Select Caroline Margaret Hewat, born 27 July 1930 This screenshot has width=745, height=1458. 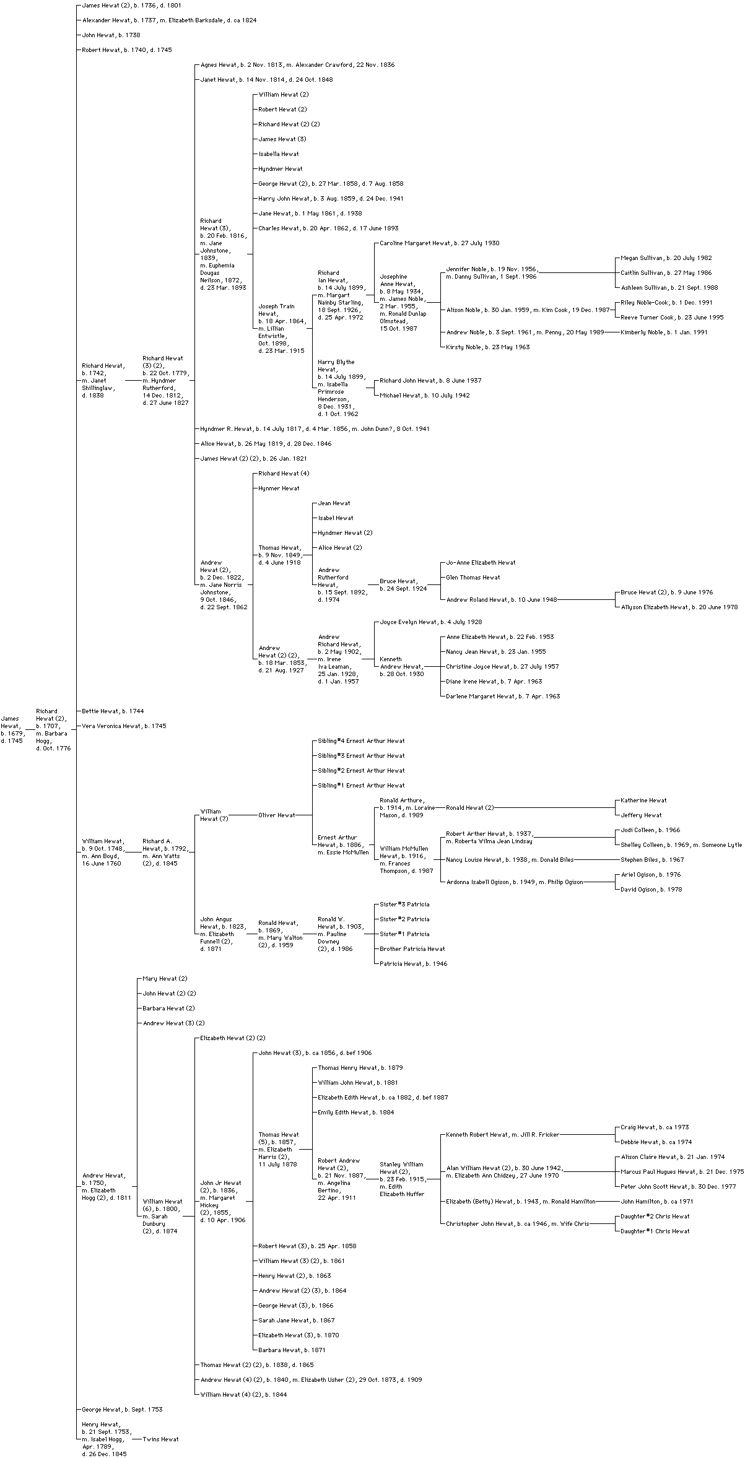439,243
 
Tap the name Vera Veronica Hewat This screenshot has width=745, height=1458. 124,726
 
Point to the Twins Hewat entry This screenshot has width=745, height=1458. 160,1439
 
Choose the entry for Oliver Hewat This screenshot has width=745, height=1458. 276,815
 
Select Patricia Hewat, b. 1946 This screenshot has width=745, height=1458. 413,964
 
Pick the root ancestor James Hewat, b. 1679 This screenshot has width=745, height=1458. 12,730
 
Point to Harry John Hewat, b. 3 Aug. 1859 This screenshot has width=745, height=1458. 331,199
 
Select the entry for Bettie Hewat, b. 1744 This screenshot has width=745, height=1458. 113,711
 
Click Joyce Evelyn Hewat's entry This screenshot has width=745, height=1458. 430,622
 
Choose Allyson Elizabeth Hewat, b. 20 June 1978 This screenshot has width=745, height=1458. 679,607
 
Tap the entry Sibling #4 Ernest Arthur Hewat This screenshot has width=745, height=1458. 361,741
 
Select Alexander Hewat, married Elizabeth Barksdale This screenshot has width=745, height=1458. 169,20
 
